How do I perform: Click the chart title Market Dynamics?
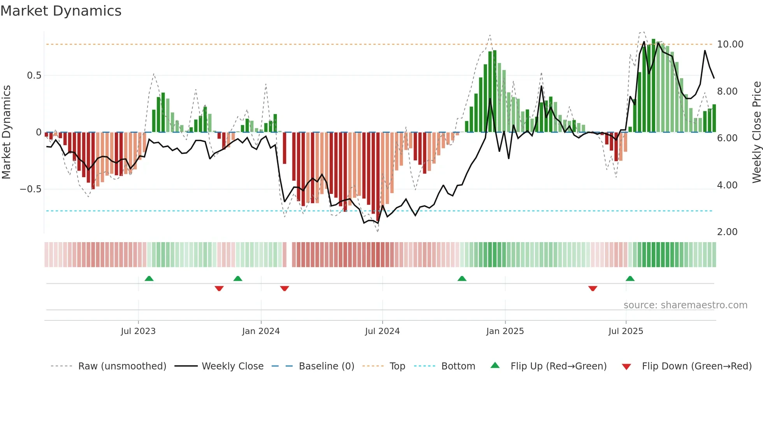pos(61,11)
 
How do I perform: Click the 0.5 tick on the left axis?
pos(34,76)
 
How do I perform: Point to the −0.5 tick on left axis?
pos(30,189)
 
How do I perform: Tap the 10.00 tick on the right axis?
pos(730,44)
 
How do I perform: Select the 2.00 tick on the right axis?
pos(727,232)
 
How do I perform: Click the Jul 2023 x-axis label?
pos(138,331)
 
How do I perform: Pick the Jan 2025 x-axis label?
pos(505,331)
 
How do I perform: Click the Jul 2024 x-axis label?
pos(382,331)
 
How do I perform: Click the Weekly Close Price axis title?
pos(756,132)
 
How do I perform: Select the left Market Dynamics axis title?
pos(6,132)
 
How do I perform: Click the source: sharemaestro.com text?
pos(685,305)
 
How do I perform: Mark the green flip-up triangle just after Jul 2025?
pos(630,278)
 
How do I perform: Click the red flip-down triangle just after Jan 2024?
pos(285,288)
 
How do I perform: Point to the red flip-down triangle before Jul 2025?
pos(592,288)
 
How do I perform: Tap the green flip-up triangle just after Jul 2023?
pos(149,278)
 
